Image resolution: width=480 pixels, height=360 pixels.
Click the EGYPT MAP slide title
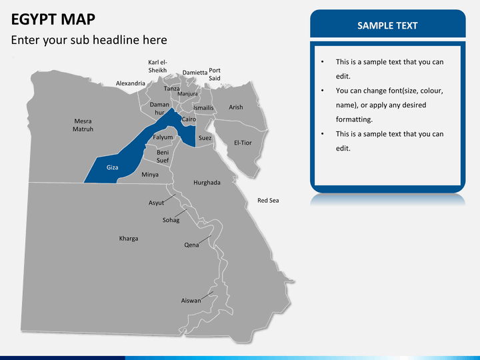click(53, 19)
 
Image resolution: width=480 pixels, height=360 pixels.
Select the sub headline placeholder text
click(89, 40)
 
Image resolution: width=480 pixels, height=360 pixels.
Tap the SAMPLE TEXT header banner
click(387, 25)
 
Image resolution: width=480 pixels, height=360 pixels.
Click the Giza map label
click(113, 167)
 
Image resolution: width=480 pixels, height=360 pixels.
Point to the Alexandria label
click(131, 83)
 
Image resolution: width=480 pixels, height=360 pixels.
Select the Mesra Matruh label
click(83, 125)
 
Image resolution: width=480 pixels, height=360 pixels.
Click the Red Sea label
click(268, 200)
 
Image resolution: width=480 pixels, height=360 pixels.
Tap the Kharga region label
click(129, 238)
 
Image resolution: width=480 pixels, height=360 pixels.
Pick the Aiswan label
click(191, 301)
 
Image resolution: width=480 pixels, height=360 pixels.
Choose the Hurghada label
click(207, 182)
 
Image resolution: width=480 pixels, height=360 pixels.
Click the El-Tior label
click(243, 143)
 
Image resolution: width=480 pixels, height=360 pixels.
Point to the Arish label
click(236, 107)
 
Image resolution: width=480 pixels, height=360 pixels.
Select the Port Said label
click(215, 74)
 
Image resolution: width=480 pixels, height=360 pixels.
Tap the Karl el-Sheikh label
click(157, 66)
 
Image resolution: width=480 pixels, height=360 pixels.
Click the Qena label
click(191, 245)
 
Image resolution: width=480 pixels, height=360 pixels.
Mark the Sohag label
click(171, 220)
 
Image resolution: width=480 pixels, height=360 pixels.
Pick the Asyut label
click(156, 203)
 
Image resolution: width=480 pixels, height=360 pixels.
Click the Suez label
click(205, 138)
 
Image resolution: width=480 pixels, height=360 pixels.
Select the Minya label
click(150, 175)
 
